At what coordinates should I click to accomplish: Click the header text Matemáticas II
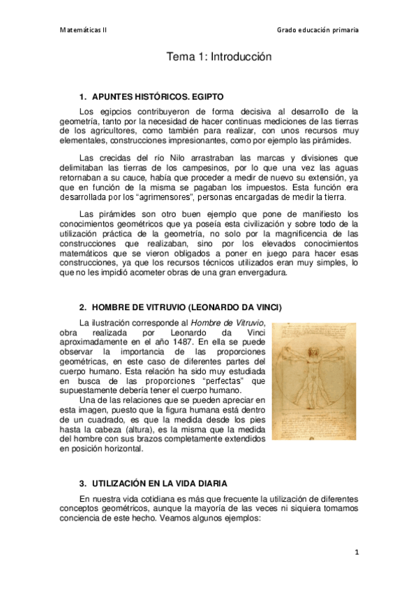tap(82, 30)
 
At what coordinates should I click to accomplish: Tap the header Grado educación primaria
tap(318, 30)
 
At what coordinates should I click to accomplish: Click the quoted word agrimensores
tap(167, 197)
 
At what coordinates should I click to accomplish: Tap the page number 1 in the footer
tap(356, 553)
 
